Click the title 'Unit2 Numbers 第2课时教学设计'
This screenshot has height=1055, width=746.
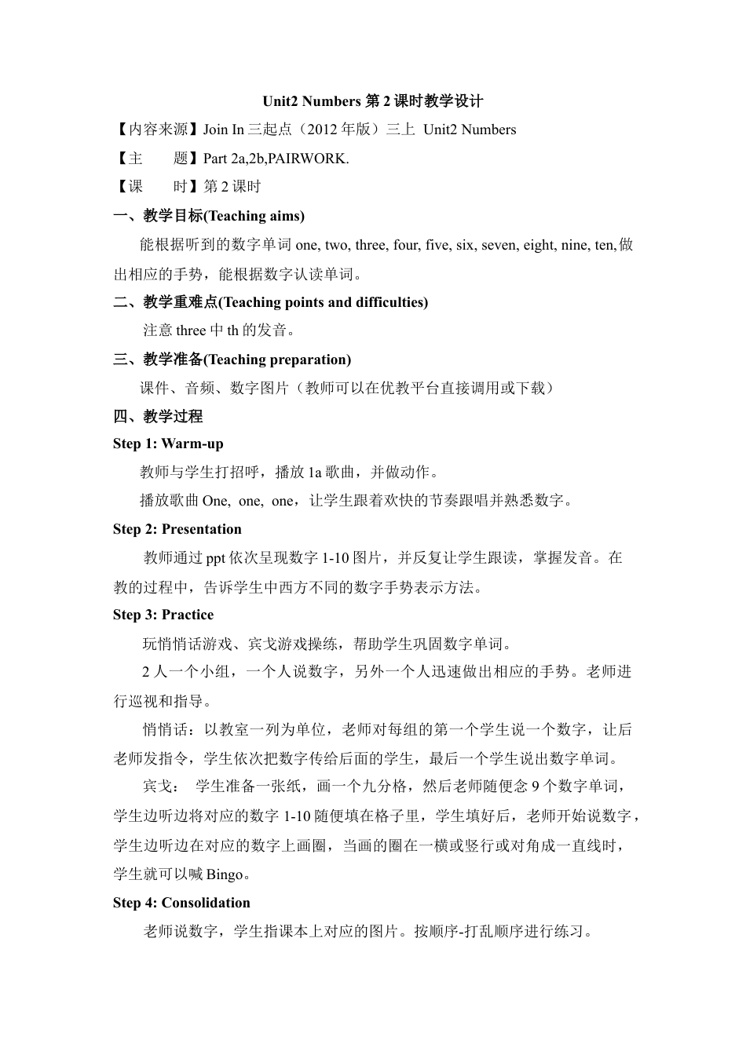coord(372,101)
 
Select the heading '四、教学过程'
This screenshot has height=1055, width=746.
coord(158,416)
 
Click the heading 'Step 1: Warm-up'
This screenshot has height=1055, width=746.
coord(168,444)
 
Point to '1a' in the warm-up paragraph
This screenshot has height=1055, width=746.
coord(314,473)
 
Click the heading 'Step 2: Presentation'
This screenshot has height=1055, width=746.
coord(177,529)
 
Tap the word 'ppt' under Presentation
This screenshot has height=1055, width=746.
coord(215,558)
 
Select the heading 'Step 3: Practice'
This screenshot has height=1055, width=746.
coord(163,615)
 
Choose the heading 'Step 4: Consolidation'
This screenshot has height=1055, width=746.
coord(181,903)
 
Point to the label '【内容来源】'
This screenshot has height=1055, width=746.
coord(157,130)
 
